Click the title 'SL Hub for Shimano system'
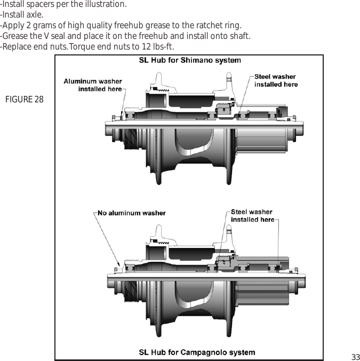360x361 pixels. (189, 60)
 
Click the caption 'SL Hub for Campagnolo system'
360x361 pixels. (197, 352)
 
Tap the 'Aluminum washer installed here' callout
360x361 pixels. (93, 85)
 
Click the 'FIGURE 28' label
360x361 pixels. (25, 100)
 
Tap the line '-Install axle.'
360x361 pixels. (22, 15)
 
